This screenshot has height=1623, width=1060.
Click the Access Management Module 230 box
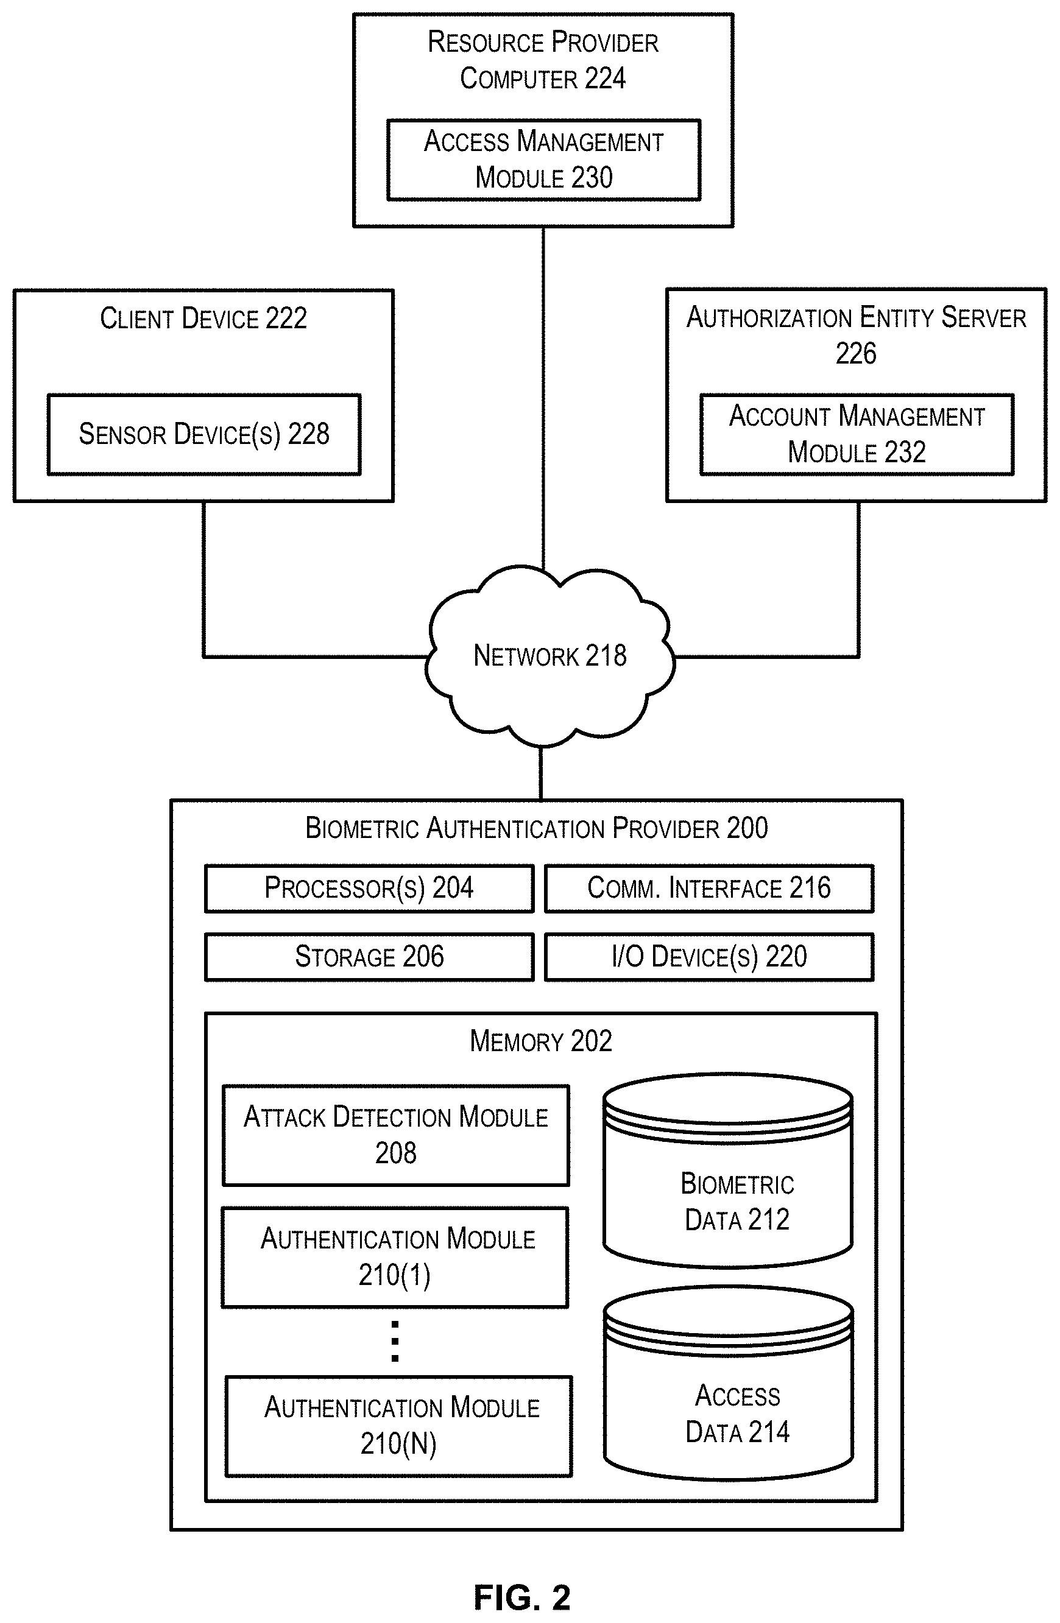[543, 160]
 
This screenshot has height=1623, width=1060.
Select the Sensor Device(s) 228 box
[204, 434]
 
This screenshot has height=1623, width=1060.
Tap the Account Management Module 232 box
[857, 434]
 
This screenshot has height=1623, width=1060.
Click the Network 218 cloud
[549, 656]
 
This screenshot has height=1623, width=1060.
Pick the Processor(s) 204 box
[369, 889]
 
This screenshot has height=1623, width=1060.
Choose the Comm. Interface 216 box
[708, 889]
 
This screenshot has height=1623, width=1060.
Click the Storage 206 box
[369, 957]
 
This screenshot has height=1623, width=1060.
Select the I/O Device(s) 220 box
[708, 957]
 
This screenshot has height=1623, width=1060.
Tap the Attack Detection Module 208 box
[395, 1135]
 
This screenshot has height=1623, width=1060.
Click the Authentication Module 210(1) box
[395, 1257]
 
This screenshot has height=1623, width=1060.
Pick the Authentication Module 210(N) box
[399, 1426]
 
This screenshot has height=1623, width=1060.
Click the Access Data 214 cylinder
[729, 1383]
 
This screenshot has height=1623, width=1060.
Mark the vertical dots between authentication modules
[395, 1340]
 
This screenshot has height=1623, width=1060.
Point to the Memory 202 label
[541, 1041]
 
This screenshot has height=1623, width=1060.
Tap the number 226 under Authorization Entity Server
[856, 354]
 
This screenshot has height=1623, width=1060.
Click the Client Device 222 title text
[203, 319]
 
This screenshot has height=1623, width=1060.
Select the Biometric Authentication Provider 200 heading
[536, 828]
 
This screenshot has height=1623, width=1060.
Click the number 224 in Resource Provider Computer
[606, 79]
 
